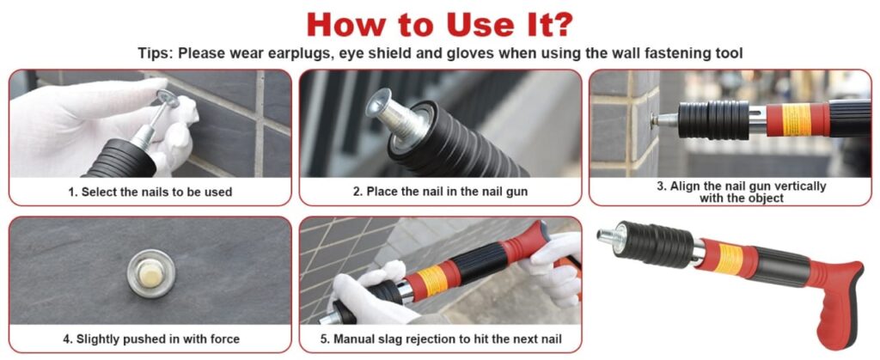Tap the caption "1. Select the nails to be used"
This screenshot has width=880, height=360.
150,192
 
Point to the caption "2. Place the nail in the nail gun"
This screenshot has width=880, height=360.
440,192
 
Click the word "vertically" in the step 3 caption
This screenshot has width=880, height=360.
797,186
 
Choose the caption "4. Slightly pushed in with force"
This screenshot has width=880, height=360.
150,339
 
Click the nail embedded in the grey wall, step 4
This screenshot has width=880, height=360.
151,273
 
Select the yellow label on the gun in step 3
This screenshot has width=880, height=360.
797,119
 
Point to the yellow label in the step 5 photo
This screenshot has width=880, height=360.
433,280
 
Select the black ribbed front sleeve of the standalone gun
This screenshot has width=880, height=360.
656,245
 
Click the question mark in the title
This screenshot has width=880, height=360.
562,25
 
